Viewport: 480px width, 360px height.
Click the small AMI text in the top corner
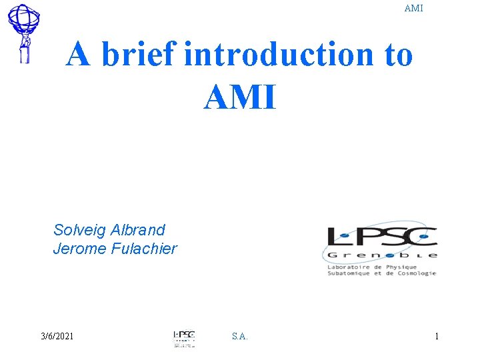pos(413,9)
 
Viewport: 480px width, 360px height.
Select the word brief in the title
pos(139,55)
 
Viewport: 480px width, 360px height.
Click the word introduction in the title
pos(279,55)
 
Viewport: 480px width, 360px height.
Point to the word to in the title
pos(399,55)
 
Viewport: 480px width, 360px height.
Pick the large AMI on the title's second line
pos(239,97)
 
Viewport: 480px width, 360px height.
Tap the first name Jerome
pos(77,249)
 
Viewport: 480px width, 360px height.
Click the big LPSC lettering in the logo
pos(382,237)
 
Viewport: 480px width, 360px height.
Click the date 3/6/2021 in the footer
pos(57,336)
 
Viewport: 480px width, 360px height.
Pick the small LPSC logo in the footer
pos(183,337)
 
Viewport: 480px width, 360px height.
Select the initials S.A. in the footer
pos(240,337)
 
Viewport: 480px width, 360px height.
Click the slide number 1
pos(437,337)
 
